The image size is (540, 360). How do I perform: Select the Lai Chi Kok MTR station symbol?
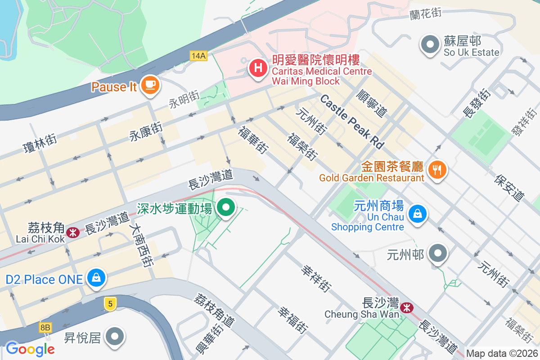pyautogui.click(x=72, y=232)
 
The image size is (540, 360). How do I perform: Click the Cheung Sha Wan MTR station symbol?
pyautogui.click(x=407, y=308)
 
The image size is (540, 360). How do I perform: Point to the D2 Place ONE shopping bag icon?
pyautogui.click(x=97, y=277)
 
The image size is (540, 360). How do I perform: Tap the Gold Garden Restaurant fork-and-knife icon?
pyautogui.click(x=436, y=170)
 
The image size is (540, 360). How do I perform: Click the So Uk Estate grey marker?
pyautogui.click(x=430, y=45)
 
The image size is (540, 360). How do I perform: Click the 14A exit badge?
pyautogui.click(x=198, y=56)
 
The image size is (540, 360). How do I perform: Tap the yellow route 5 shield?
pyautogui.click(x=110, y=304)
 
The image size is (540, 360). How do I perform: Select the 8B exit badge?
pyautogui.click(x=45, y=327)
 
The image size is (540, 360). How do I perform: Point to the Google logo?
pyautogui.click(x=30, y=349)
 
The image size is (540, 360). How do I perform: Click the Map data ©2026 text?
pyautogui.click(x=502, y=354)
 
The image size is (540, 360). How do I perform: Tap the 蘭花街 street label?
pyautogui.click(x=425, y=14)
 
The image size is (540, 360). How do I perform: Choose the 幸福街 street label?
pyautogui.click(x=292, y=319)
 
